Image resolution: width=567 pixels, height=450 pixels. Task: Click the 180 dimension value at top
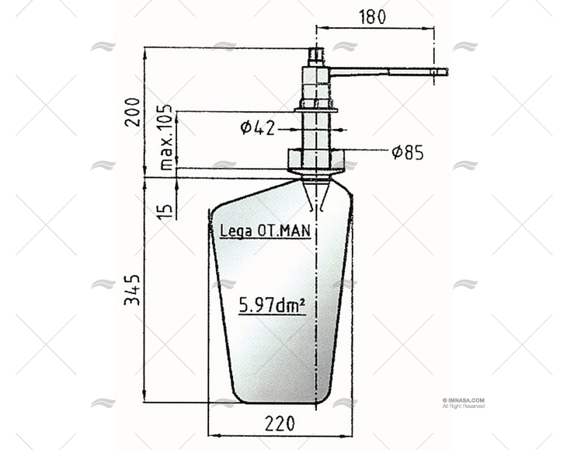point(372,16)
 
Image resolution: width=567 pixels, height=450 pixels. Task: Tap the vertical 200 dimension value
point(133,111)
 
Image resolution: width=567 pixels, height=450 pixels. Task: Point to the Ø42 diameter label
point(257,127)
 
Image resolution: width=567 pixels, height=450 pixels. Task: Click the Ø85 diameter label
point(407,152)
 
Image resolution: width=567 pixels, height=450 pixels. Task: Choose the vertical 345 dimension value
point(133,288)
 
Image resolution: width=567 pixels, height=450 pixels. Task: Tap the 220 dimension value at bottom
point(280,424)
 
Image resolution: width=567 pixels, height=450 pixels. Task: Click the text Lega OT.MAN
point(265,230)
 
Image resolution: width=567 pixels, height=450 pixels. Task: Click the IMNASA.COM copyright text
point(463,401)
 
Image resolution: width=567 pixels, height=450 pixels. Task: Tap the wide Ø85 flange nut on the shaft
point(316,160)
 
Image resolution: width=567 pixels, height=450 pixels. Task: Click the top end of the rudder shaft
point(316,51)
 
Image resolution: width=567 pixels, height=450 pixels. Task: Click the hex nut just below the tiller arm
point(316,102)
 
